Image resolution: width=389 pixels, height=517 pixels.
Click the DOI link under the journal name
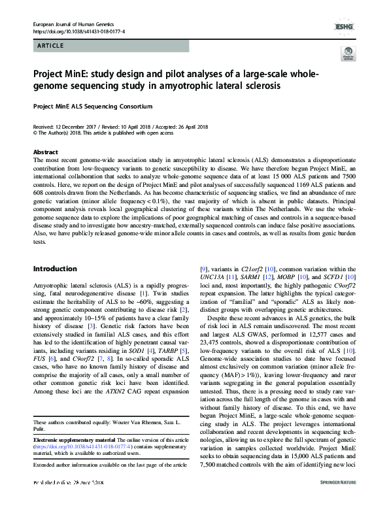[74, 31]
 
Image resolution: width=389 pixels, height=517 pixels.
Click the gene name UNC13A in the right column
[211, 296]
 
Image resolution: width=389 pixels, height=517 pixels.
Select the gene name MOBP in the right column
[290, 296]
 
